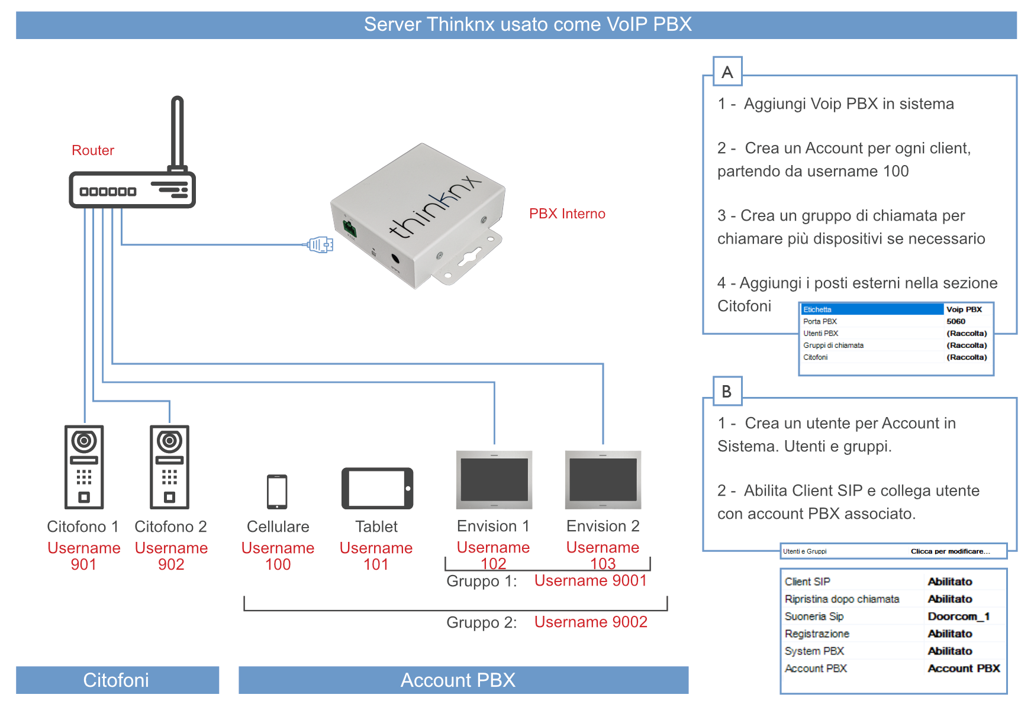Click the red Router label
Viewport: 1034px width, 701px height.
coord(93,150)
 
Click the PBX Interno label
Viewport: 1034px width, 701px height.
coord(567,214)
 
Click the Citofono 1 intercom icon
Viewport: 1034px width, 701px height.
coord(84,467)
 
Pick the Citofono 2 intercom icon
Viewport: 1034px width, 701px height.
coord(170,467)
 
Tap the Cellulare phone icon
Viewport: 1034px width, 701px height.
coord(277,492)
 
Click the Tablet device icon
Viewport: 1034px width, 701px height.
coord(377,489)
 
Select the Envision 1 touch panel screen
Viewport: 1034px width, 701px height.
coord(494,480)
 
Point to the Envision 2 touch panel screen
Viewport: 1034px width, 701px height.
coord(603,480)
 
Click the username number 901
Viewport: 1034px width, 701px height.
coord(83,564)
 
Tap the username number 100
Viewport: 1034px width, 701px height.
coord(278,564)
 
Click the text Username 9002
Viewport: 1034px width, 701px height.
coord(591,622)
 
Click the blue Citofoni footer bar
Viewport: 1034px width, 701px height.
coord(117,680)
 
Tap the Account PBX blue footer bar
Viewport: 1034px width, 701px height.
coord(463,680)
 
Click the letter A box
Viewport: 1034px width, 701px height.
coord(727,72)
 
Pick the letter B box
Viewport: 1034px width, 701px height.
coord(727,392)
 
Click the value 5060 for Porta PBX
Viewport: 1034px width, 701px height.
coord(956,321)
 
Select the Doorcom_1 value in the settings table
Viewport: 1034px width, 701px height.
coord(958,616)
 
